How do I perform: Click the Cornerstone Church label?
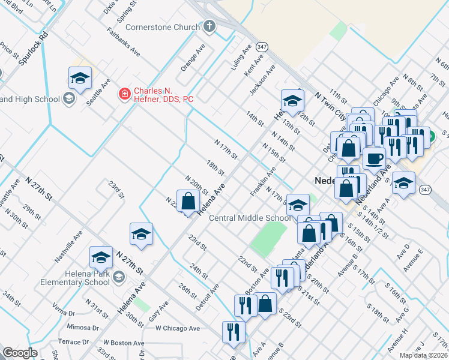pyautogui.click(x=163, y=27)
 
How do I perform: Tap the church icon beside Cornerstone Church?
pyautogui.click(x=209, y=26)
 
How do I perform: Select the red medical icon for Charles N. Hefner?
pyautogui.click(x=124, y=93)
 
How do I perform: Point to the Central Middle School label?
pyautogui.click(x=250, y=218)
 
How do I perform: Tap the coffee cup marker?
pyautogui.click(x=375, y=159)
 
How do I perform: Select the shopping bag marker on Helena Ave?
pyautogui.click(x=188, y=201)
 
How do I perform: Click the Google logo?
pyautogui.click(x=20, y=353)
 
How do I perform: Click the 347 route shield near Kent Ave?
pyautogui.click(x=261, y=46)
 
